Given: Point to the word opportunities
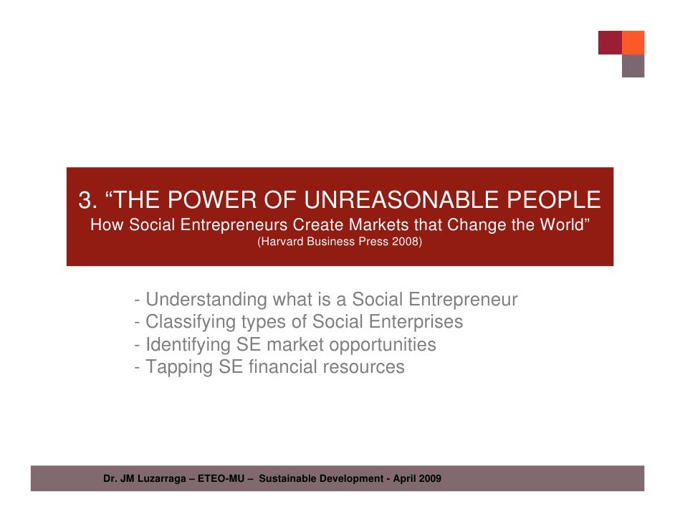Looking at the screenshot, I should (382, 345).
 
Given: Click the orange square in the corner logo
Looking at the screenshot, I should (633, 42).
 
